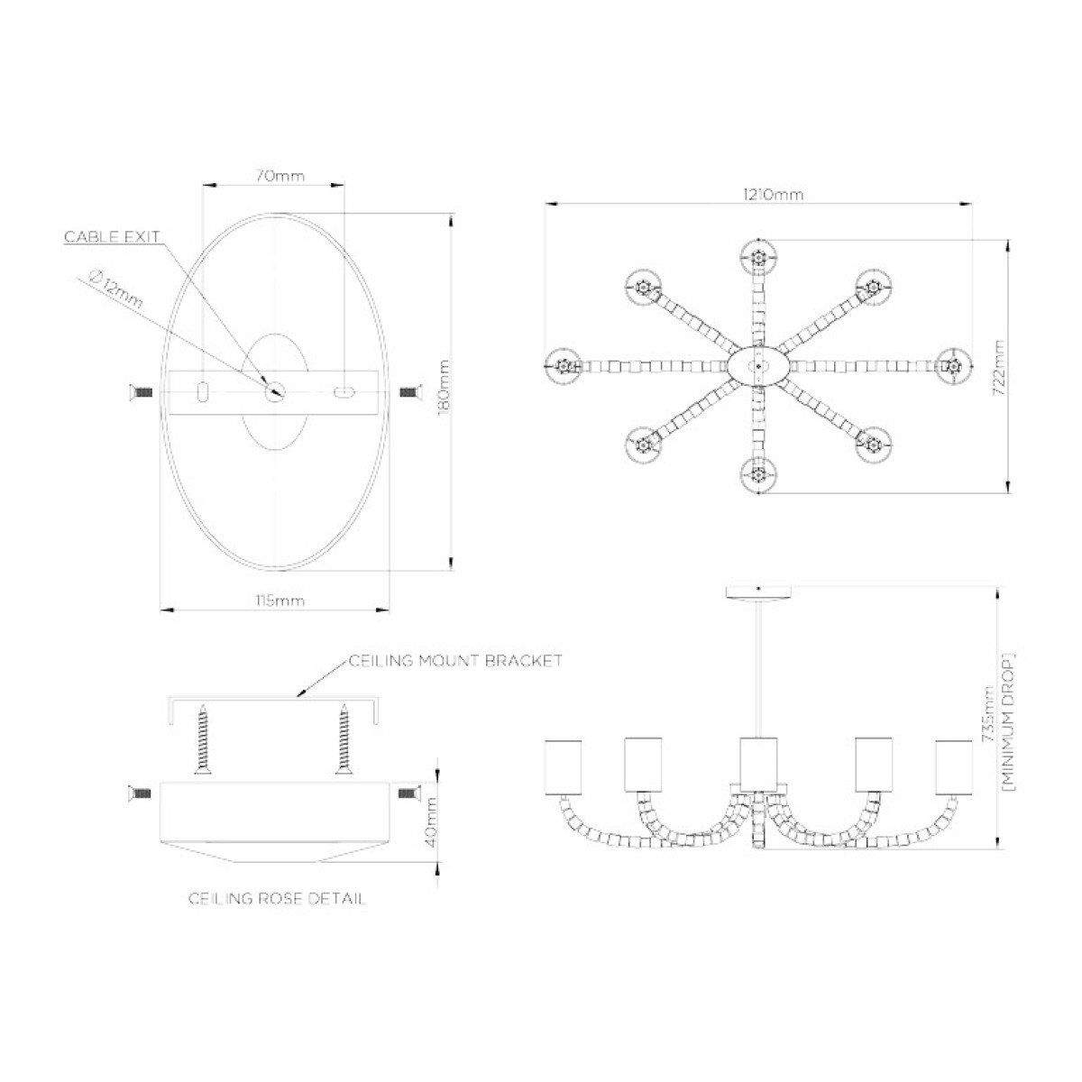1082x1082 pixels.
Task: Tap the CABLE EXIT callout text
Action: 113,236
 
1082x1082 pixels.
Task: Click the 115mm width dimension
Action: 280,601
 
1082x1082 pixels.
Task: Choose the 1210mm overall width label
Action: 774,195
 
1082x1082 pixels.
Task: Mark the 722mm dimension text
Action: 1000,367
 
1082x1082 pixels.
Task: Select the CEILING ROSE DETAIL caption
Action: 277,898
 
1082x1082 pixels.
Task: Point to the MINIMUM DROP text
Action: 1010,722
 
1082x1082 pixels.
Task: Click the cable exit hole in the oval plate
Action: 275,391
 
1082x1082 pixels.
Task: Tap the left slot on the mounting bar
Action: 203,391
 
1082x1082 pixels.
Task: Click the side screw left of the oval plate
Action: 141,392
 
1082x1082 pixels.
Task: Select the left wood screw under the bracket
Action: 203,739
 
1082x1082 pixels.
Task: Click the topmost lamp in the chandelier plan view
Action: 758,258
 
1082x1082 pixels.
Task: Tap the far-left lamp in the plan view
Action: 563,367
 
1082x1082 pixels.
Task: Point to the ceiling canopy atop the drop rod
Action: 758,592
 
